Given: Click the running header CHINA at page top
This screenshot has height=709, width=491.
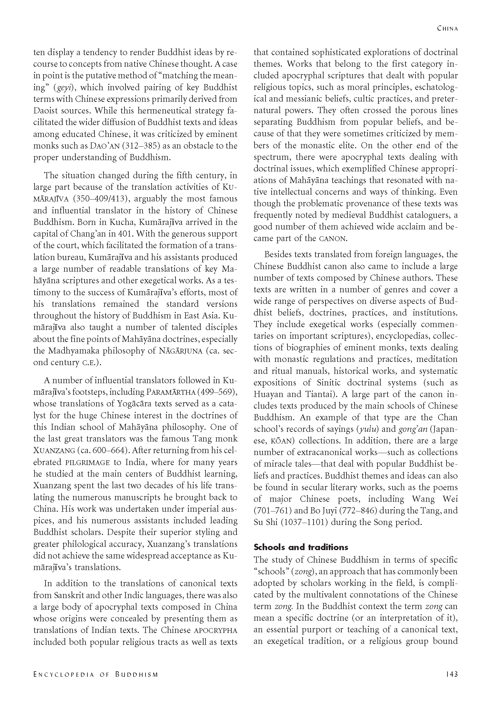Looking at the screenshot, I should pyautogui.click(x=447, y=28).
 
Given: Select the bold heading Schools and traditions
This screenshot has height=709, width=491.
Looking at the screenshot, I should pyautogui.click(x=301, y=547).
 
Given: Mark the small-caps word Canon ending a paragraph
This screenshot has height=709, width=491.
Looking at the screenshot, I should pyautogui.click(x=333, y=239).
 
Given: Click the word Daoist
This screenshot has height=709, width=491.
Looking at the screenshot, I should pyautogui.click(x=50, y=111).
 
